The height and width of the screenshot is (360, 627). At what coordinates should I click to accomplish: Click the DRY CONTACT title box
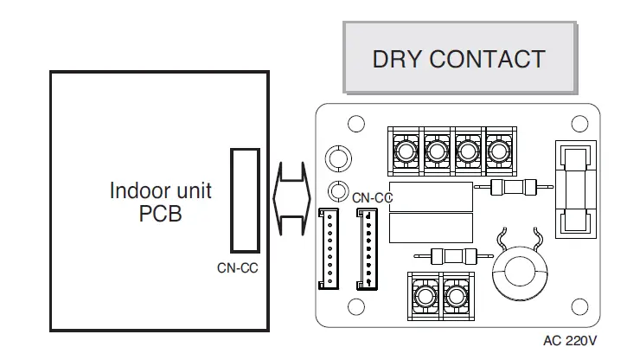(x=459, y=58)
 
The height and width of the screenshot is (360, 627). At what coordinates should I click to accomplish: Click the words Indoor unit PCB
(x=160, y=201)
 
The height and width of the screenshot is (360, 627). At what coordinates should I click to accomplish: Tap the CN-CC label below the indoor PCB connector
(x=237, y=267)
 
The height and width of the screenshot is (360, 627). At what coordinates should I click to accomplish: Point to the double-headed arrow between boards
(x=291, y=201)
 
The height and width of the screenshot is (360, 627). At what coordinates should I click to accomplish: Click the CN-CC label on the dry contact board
(x=372, y=197)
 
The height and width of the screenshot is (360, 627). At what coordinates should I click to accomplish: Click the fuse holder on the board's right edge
(x=573, y=190)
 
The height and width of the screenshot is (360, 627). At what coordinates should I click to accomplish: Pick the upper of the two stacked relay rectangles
(x=431, y=196)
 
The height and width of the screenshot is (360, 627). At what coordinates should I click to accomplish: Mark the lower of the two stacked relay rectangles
(x=431, y=228)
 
